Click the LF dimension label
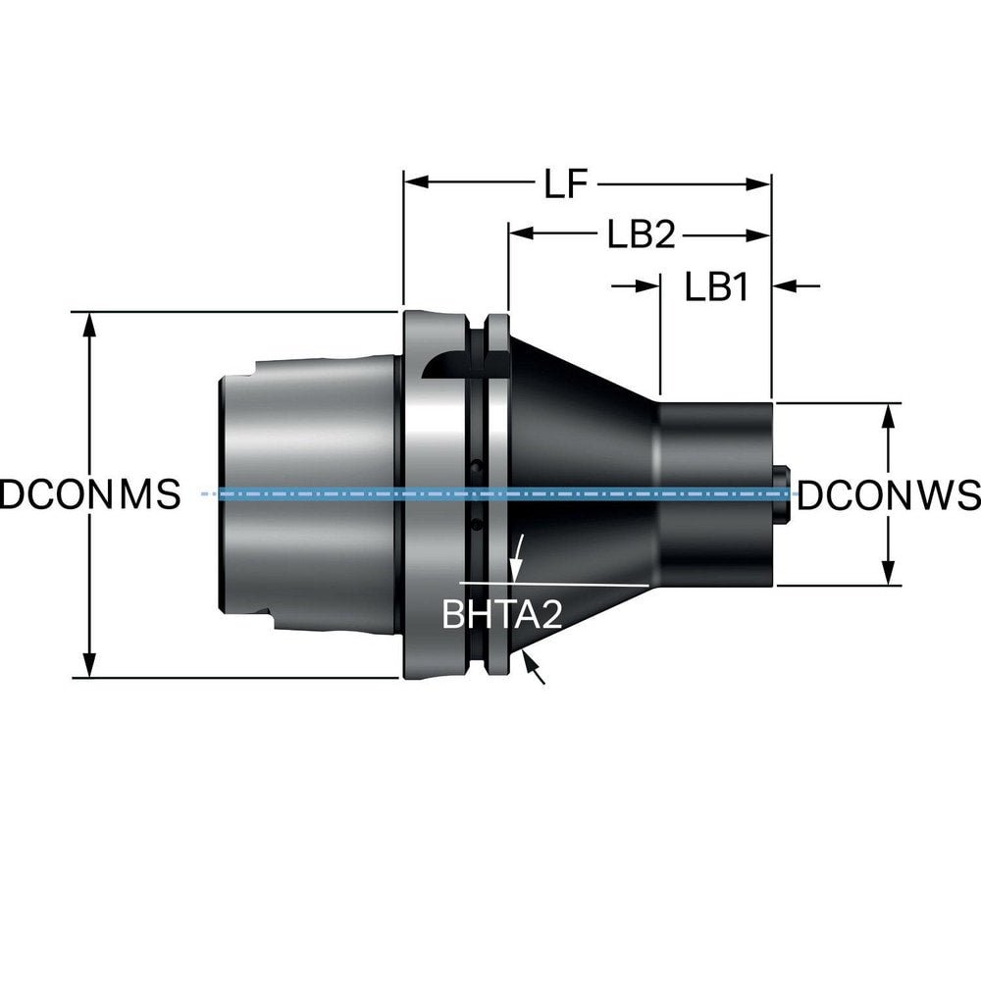(x=566, y=184)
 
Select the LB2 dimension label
(x=639, y=235)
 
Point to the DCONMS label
(x=90, y=494)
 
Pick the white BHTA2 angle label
(x=501, y=615)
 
